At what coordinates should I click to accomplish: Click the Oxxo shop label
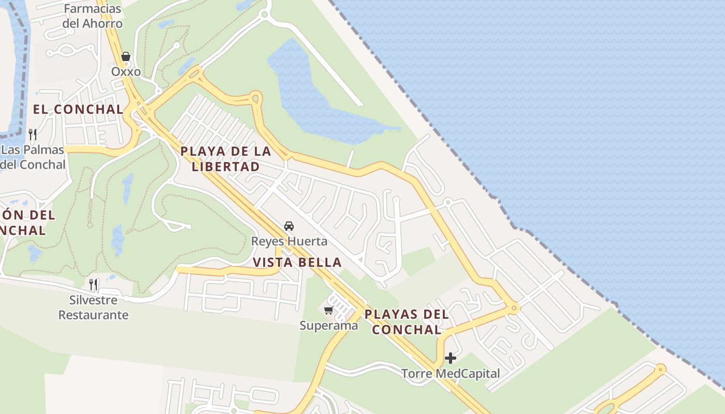click(x=126, y=71)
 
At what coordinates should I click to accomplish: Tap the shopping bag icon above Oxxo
click(x=125, y=56)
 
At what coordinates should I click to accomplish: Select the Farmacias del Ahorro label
click(x=93, y=16)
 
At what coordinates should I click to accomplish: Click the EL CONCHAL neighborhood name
click(x=78, y=110)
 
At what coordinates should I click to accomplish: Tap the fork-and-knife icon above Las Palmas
click(x=33, y=135)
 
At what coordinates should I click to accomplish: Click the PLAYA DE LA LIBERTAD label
click(x=226, y=159)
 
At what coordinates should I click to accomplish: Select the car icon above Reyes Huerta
click(x=289, y=226)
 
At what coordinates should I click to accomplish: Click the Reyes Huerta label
click(x=289, y=241)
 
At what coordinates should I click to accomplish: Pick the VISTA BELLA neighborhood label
click(x=297, y=262)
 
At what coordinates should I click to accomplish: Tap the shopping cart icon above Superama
click(x=328, y=310)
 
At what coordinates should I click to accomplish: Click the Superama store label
click(x=329, y=326)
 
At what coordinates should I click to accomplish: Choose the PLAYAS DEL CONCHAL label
click(x=407, y=322)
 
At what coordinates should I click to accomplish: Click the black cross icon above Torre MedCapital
click(x=451, y=358)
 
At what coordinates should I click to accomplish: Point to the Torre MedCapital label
click(x=451, y=373)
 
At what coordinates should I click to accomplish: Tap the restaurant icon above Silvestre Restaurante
click(x=93, y=284)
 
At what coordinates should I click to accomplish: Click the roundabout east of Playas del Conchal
click(x=514, y=308)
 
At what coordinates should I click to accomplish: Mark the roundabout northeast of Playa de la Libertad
click(x=255, y=97)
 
